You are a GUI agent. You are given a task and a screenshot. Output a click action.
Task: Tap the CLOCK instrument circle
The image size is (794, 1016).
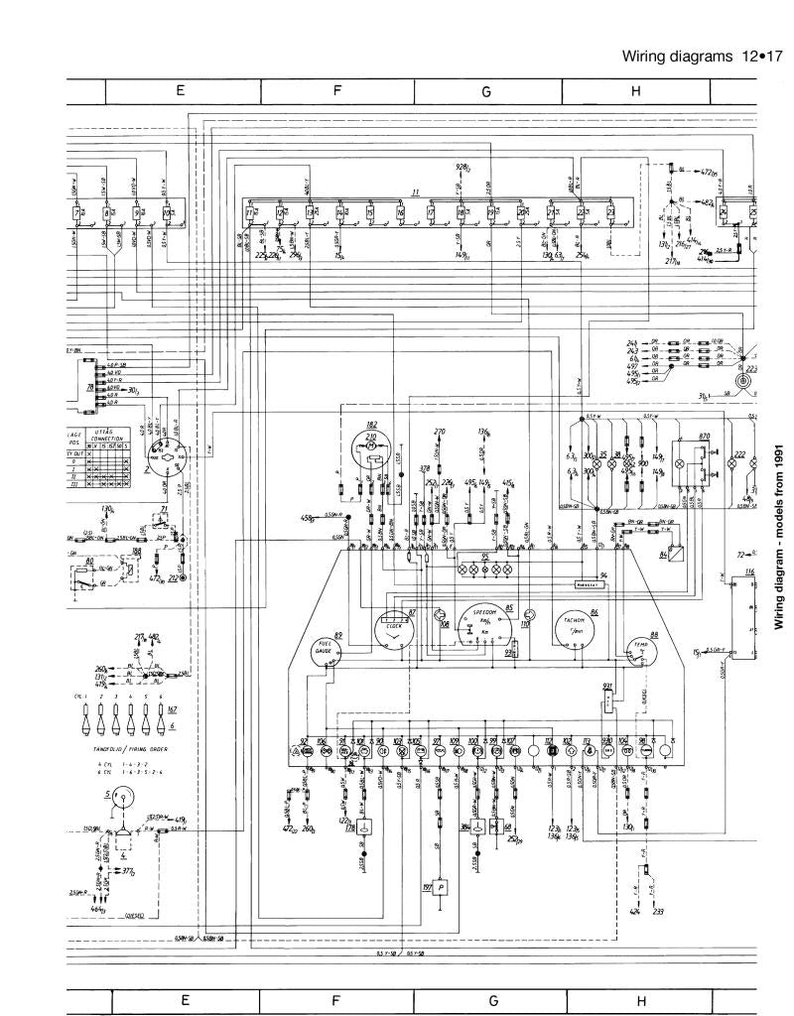(392, 628)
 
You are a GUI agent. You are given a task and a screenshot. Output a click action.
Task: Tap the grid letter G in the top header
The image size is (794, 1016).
(486, 91)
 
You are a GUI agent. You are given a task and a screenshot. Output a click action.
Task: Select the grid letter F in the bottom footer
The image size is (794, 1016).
(336, 1001)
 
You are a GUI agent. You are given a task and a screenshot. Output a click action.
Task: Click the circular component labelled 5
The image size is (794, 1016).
(123, 798)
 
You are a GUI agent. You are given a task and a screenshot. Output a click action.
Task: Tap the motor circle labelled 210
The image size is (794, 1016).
(372, 446)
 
